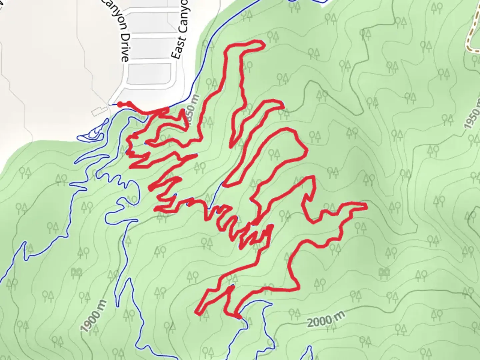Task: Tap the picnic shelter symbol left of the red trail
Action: point(76,273)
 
